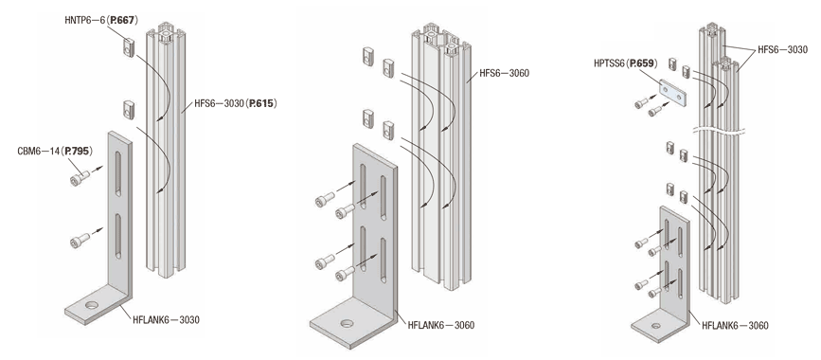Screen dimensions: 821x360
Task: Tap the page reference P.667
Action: [x=122, y=21]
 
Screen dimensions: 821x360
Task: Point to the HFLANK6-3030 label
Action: [x=166, y=319]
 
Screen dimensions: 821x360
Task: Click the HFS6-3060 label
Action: [x=504, y=73]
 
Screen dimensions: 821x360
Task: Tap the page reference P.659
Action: [x=641, y=63]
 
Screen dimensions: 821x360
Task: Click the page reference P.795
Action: [x=77, y=152]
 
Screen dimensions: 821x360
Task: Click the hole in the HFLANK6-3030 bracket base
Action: [x=92, y=305]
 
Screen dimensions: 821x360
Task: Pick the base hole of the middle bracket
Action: [x=347, y=323]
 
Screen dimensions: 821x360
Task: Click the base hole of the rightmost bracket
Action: [x=655, y=326]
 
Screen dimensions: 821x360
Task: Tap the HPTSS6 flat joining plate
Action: [x=673, y=93]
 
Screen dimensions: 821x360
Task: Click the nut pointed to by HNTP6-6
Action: [x=129, y=47]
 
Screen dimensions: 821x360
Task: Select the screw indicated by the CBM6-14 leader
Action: [x=79, y=179]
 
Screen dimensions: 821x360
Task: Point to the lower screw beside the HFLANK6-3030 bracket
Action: [x=79, y=241]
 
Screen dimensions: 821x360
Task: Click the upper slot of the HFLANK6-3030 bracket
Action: [x=118, y=173]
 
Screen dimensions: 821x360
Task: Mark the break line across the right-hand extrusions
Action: [x=719, y=130]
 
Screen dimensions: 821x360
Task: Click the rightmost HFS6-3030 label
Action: [x=782, y=50]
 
